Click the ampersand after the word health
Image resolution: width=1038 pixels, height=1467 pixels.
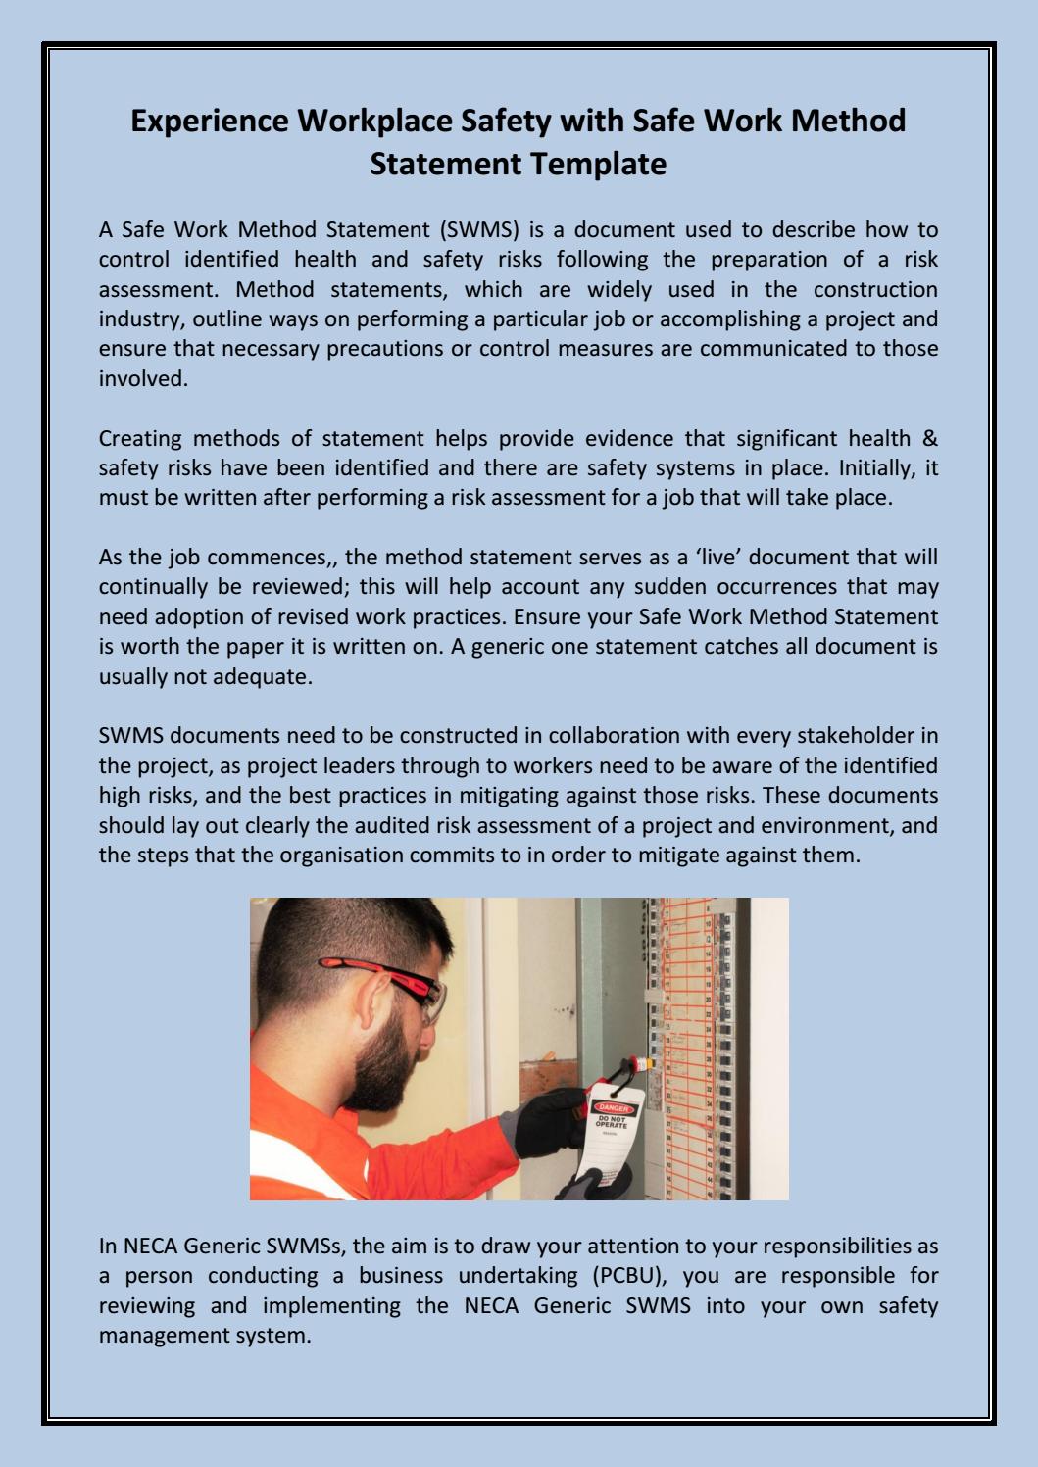(930, 438)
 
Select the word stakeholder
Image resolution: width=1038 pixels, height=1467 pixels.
(855, 736)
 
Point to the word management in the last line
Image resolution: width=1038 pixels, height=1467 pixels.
(161, 1335)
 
